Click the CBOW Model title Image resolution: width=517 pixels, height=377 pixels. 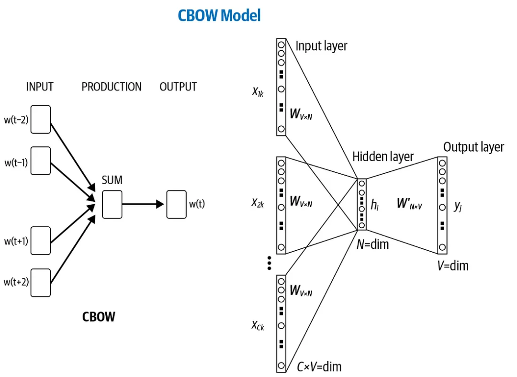pyautogui.click(x=219, y=15)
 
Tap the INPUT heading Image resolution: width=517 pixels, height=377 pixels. pyautogui.click(x=40, y=87)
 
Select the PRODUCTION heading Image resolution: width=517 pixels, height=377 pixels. pyautogui.click(x=112, y=87)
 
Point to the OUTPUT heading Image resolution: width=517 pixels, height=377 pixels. pyautogui.click(x=178, y=87)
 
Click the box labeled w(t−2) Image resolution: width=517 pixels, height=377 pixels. pyautogui.click(x=41, y=120)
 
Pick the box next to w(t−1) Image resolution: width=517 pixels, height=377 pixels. pyautogui.click(x=41, y=161)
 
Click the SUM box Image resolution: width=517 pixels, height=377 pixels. pyautogui.click(x=112, y=204)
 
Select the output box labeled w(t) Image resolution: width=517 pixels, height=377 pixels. pyautogui.click(x=177, y=204)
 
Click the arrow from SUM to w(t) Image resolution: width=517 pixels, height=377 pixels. pyautogui.click(x=144, y=204)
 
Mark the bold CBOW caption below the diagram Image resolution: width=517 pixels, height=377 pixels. pyautogui.click(x=99, y=317)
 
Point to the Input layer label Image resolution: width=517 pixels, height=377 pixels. pyautogui.click(x=321, y=46)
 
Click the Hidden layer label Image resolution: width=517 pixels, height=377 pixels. pyautogui.click(x=383, y=156)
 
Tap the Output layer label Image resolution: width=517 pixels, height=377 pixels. pyautogui.click(x=473, y=147)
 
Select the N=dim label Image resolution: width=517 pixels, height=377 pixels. pyautogui.click(x=373, y=244)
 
